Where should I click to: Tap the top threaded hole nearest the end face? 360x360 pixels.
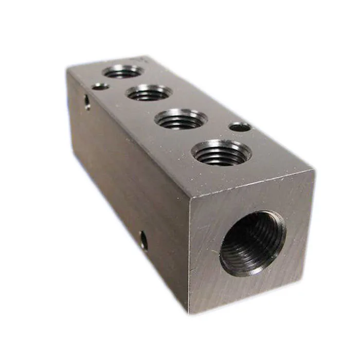pyautogui.click(x=221, y=152)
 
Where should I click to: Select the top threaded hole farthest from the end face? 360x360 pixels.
pyautogui.click(x=122, y=71)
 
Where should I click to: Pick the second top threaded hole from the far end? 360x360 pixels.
pyautogui.click(x=149, y=93)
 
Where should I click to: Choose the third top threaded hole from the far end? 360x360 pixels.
pyautogui.click(x=181, y=119)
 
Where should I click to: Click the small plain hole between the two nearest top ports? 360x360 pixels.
pyautogui.click(x=240, y=127)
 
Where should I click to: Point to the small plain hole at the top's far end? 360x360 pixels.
pyautogui.click(x=101, y=86)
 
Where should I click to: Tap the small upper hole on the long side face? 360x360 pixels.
pyautogui.click(x=87, y=102)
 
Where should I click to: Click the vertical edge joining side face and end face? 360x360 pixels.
pyautogui.click(x=188, y=252)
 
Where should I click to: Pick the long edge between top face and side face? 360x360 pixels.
pyautogui.click(x=126, y=131)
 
